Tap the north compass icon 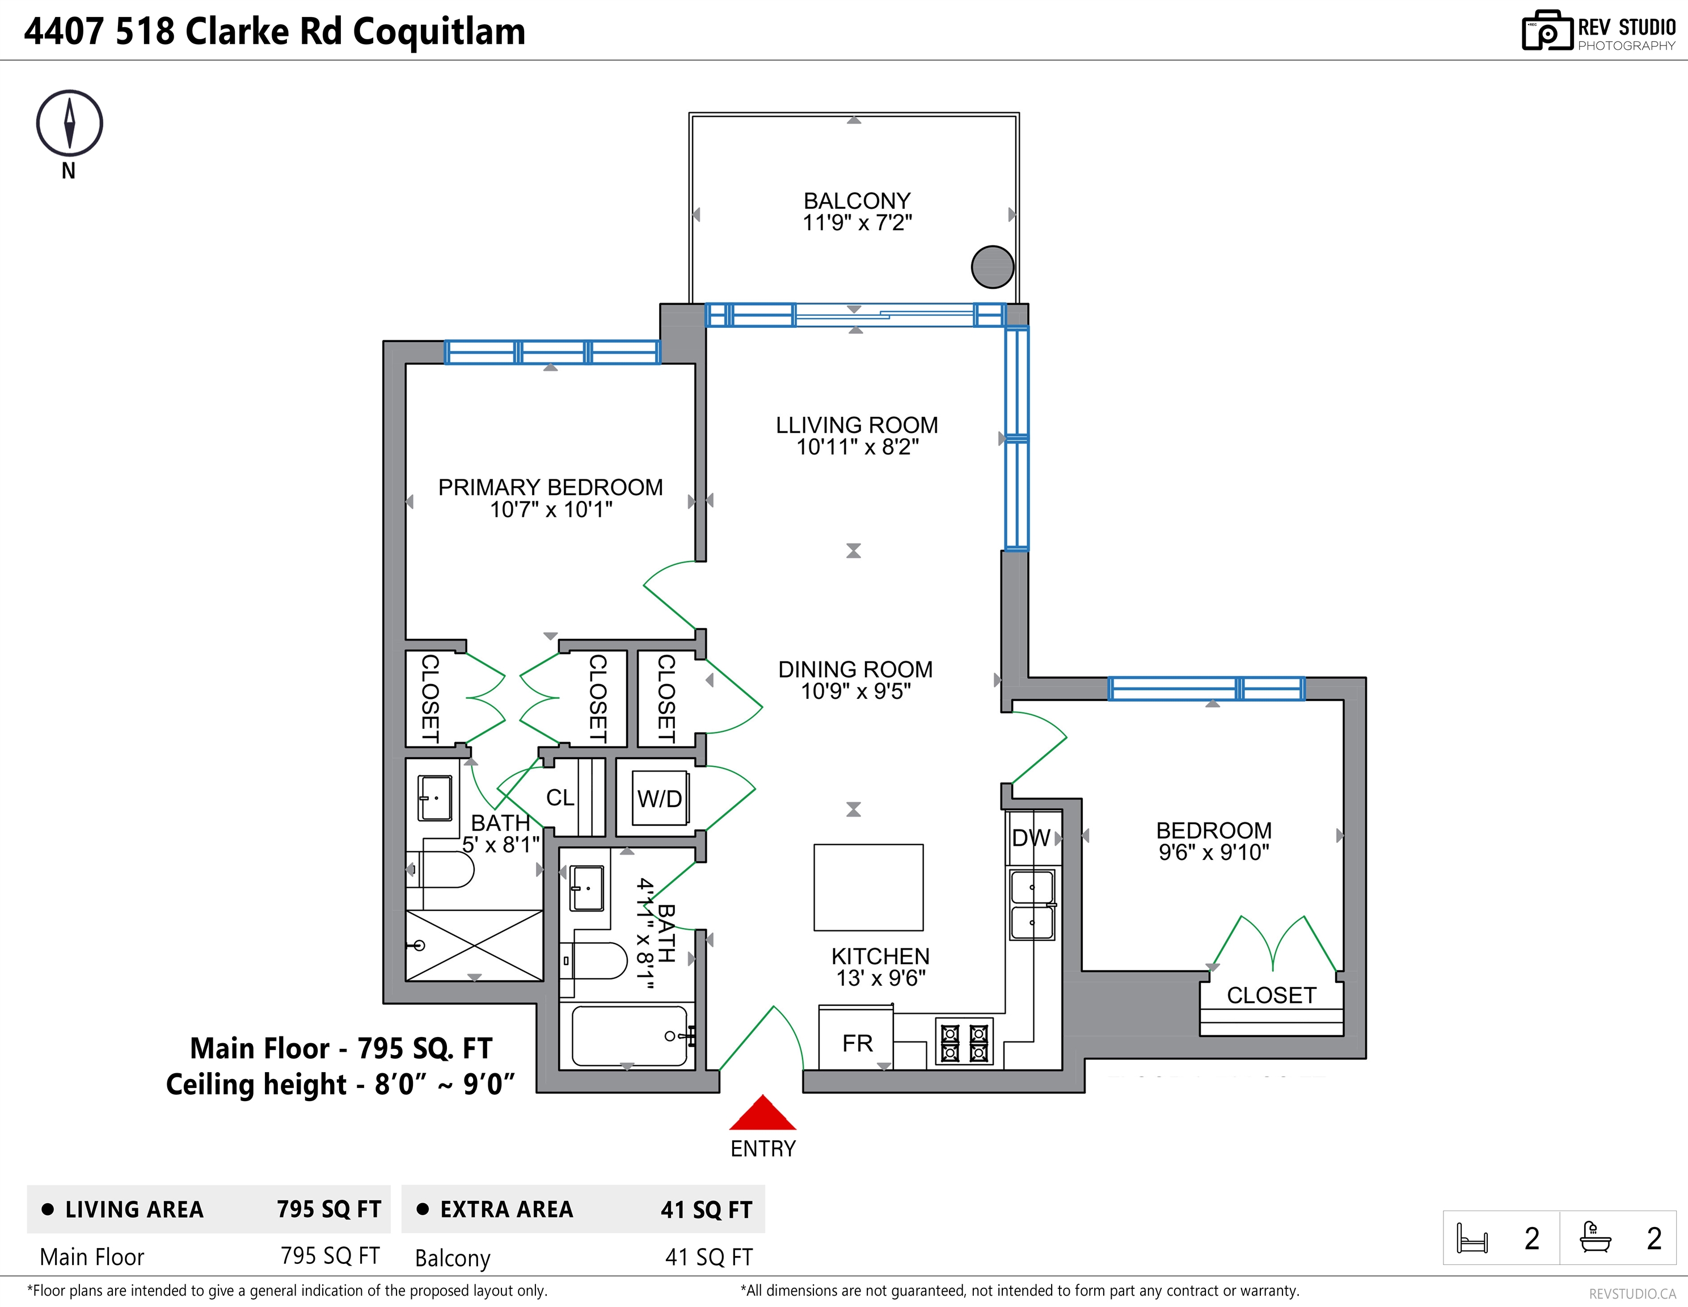(70, 124)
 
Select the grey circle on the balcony (993, 267)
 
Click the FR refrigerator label (857, 1043)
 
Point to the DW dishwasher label (1031, 838)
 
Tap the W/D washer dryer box (660, 798)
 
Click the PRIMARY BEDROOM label (550, 488)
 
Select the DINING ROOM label (855, 669)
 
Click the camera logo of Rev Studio (1547, 31)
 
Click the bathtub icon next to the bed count (1595, 1237)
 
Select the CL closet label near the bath (560, 798)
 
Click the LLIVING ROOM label (857, 425)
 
